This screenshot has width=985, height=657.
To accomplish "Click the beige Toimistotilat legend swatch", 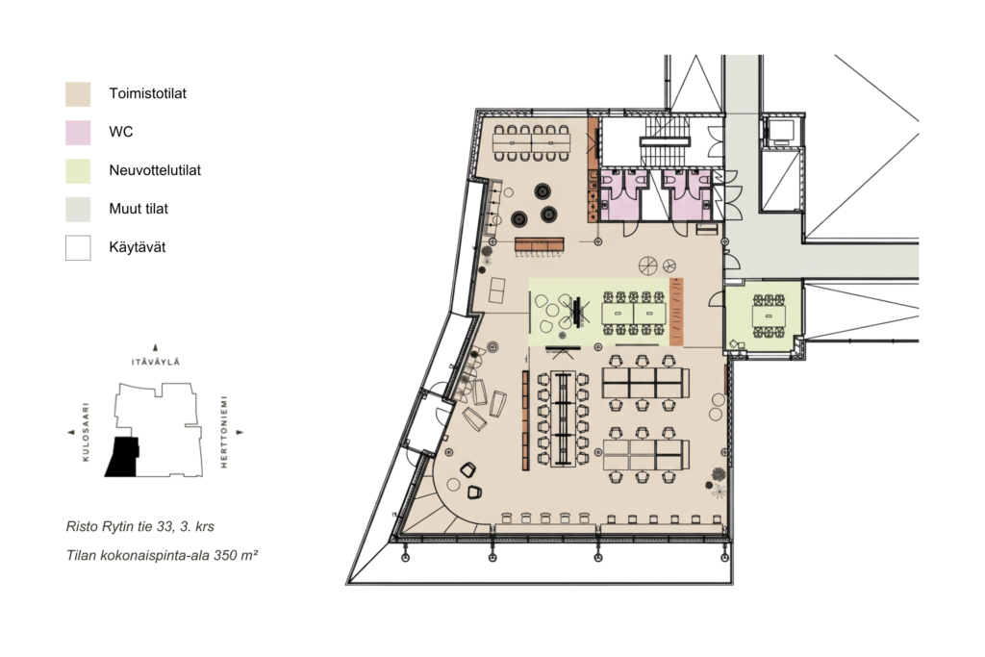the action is (78, 93).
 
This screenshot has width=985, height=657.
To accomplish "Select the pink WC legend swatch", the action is (78, 133).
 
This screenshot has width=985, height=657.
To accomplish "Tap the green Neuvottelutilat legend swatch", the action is (78, 171).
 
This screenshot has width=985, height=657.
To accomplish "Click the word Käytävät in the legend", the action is (137, 247).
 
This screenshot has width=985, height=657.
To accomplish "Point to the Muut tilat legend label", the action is (139, 209).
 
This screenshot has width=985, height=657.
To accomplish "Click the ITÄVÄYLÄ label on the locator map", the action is (155, 362).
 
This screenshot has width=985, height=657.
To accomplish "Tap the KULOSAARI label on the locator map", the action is (86, 432).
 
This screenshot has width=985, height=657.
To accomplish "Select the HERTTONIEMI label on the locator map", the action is (223, 432).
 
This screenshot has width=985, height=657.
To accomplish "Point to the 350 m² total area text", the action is (236, 555).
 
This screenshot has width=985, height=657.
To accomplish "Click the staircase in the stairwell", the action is (664, 143).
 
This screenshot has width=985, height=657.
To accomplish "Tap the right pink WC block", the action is (688, 194).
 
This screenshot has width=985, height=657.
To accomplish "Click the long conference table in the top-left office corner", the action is (531, 143).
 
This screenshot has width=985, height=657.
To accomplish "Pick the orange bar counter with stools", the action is (540, 243).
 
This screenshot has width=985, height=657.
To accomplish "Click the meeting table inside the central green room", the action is (634, 313).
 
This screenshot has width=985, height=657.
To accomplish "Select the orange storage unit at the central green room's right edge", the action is (676, 312).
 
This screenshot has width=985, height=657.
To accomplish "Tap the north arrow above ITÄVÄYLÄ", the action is (155, 347).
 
